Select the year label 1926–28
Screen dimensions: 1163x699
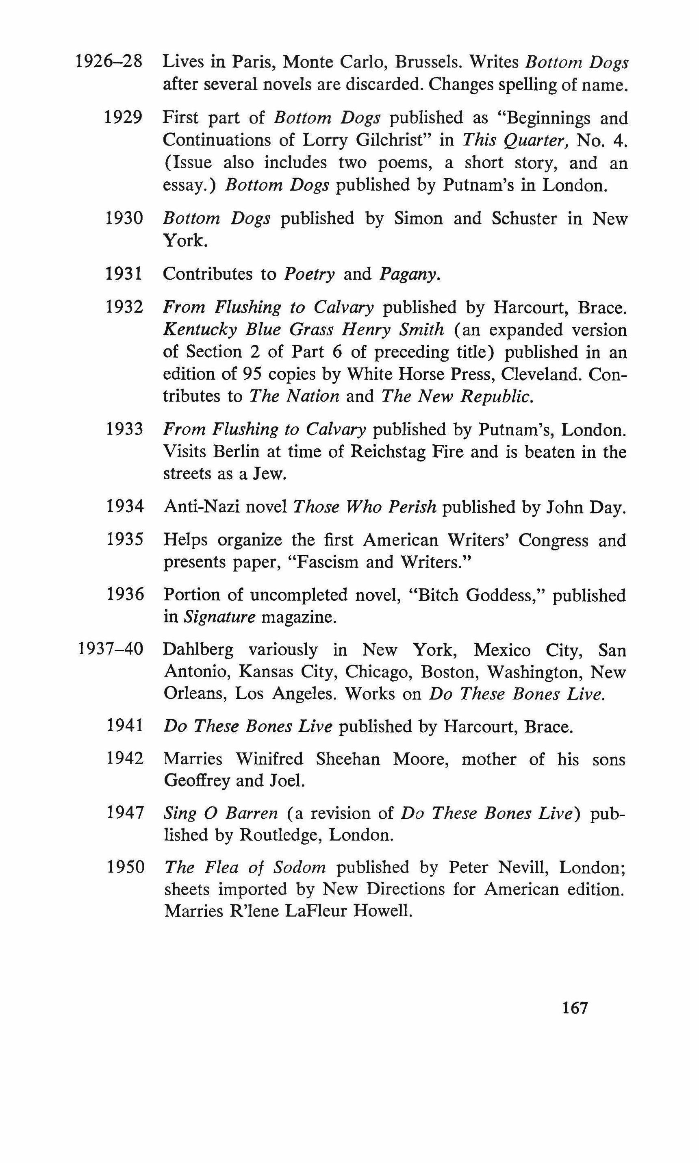[x=109, y=62]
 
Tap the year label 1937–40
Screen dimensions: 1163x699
[x=110, y=650]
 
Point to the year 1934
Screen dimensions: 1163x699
[x=124, y=507]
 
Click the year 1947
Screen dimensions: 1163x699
[x=125, y=813]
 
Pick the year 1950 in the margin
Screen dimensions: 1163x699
[x=125, y=867]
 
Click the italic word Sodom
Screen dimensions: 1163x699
[x=300, y=867]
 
